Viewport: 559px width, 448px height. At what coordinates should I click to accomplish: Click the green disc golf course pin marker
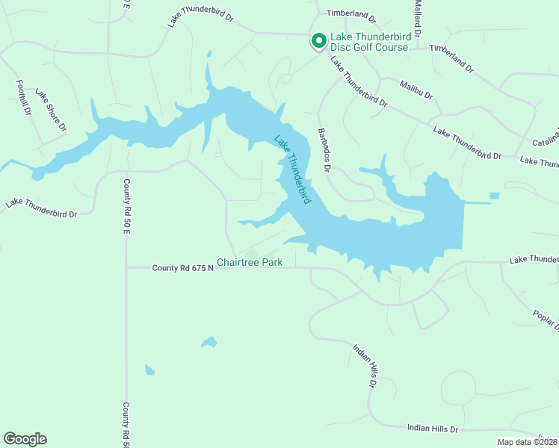318,40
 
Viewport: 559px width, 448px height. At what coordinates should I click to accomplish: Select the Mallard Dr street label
419,19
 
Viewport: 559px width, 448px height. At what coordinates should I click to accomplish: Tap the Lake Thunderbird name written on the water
292,169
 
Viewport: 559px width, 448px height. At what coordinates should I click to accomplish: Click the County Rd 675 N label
183,267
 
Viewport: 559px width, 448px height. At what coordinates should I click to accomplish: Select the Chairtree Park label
250,263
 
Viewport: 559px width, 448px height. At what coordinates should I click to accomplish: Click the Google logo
25,439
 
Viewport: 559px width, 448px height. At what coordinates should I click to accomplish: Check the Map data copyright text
527,442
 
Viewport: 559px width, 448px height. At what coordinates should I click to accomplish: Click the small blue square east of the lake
494,196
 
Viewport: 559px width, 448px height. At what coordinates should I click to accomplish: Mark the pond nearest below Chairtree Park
209,343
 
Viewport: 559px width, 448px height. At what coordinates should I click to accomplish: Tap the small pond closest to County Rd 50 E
149,370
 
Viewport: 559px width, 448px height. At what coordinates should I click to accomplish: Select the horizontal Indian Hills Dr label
432,429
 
